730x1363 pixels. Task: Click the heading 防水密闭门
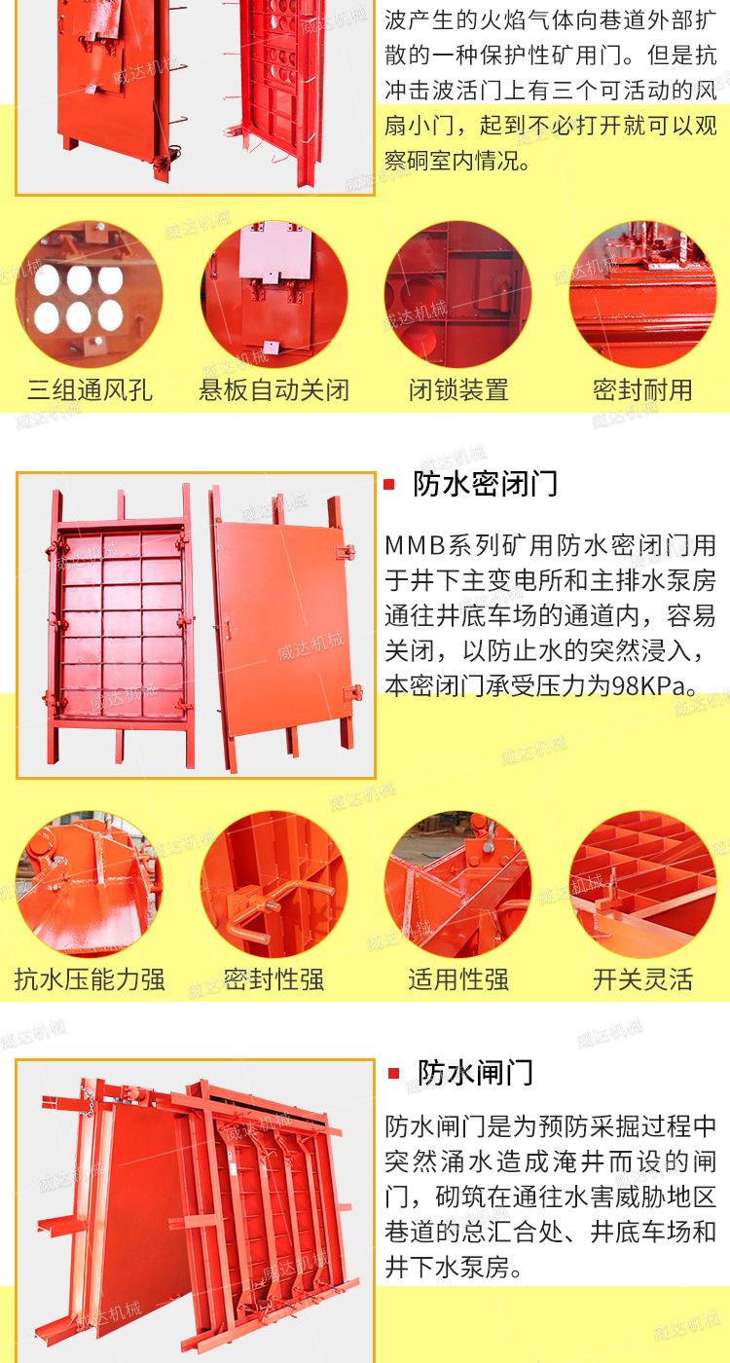(485, 484)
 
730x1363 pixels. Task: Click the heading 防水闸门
(475, 1072)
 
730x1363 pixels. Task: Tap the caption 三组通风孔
(90, 390)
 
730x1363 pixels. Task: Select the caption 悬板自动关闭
(274, 390)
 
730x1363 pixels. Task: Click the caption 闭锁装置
(457, 390)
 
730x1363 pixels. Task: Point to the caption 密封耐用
(642, 390)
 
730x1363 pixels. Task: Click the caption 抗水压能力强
(90, 978)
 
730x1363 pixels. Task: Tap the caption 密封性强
(274, 978)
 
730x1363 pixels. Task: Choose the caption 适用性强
(457, 978)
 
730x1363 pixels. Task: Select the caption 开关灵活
(642, 978)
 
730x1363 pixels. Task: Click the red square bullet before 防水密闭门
(389, 485)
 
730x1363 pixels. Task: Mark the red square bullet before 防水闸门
(393, 1073)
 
